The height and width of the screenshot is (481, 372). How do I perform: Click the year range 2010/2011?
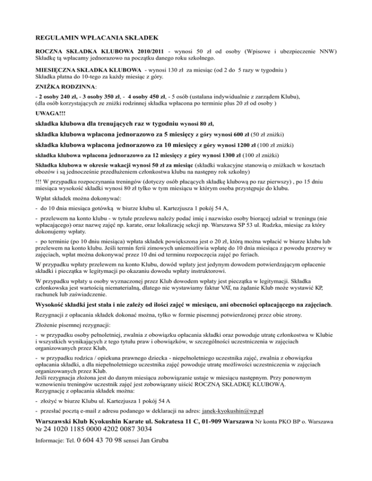tap(146, 51)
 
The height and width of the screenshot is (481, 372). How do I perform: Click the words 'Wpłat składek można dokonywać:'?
tap(76, 198)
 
